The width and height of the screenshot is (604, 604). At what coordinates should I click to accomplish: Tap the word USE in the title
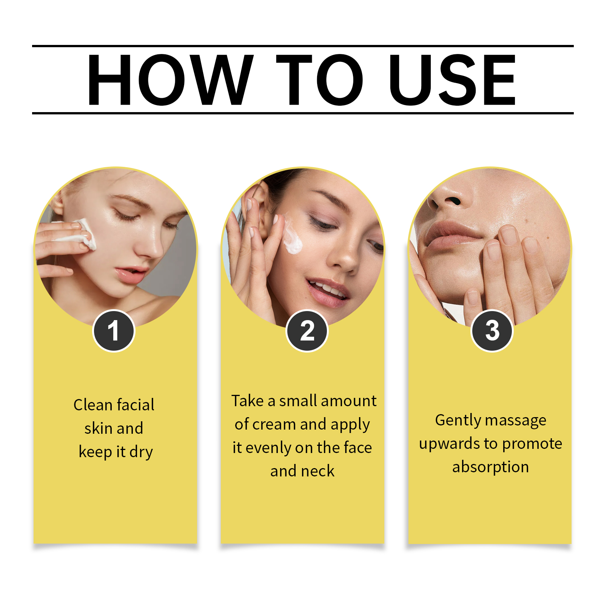pyautogui.click(x=452, y=80)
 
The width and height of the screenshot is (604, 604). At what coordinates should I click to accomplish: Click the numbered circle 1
pyautogui.click(x=114, y=331)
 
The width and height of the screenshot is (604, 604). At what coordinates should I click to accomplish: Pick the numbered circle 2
pyautogui.click(x=307, y=331)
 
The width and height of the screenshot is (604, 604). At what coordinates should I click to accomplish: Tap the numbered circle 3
pyautogui.click(x=492, y=331)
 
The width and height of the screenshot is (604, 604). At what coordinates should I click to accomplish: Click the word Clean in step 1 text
pyautogui.click(x=93, y=405)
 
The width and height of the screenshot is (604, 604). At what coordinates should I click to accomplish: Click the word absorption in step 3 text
pyautogui.click(x=491, y=467)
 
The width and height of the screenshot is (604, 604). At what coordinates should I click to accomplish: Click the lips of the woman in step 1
pyautogui.click(x=130, y=275)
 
